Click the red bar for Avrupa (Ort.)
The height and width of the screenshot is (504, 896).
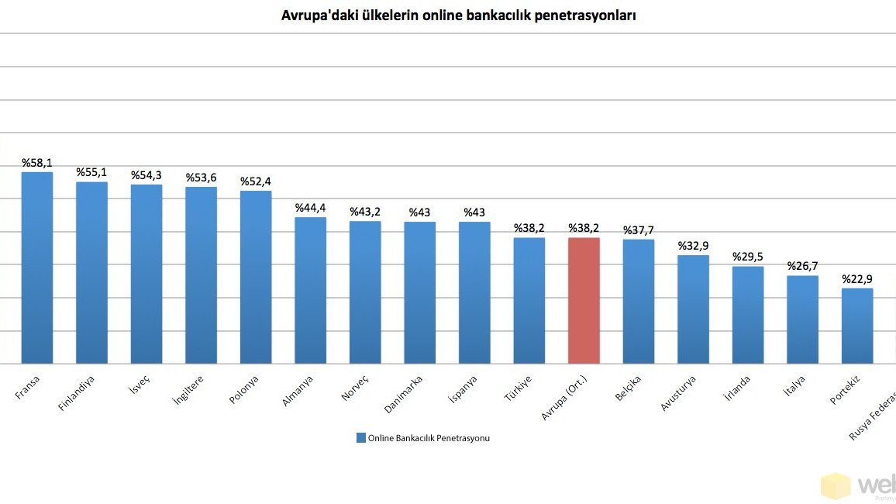(584, 300)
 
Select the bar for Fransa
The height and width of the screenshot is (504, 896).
(37, 268)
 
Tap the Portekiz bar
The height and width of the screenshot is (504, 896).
(857, 326)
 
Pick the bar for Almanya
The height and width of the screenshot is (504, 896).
(310, 290)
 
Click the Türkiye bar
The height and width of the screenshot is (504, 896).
(529, 300)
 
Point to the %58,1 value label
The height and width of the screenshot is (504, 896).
(37, 163)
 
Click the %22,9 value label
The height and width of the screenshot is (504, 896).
(857, 279)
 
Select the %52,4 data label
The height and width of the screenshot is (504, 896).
(256, 181)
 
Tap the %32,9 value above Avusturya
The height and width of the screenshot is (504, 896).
(694, 246)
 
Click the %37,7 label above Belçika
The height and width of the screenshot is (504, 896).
(639, 230)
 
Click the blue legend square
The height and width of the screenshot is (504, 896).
(360, 438)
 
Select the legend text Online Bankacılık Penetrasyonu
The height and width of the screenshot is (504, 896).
(429, 438)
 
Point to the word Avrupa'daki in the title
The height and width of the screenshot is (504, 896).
(318, 15)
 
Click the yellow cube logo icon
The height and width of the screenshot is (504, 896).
(836, 486)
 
